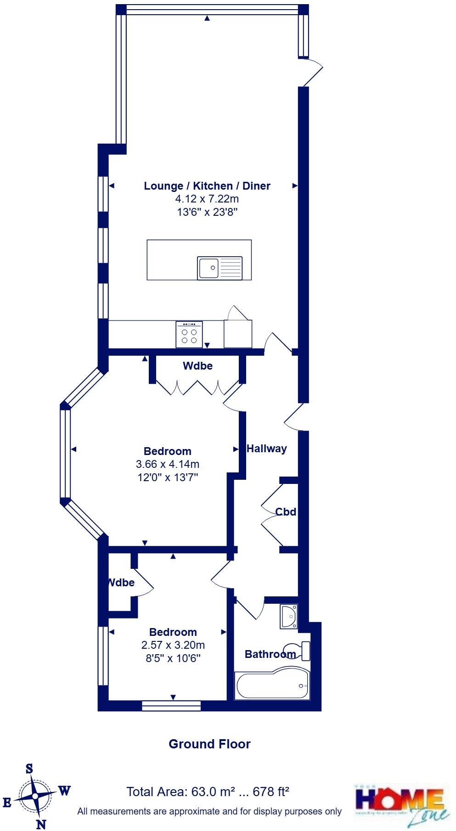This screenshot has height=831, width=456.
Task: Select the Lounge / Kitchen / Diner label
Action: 207,186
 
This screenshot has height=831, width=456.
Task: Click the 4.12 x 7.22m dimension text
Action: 207,199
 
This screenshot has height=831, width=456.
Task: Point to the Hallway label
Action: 267,449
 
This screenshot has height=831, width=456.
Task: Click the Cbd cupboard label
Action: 286,511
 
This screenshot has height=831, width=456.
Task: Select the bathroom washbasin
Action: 289,617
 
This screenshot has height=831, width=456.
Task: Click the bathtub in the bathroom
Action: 271,686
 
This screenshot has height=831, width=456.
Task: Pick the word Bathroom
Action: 270,654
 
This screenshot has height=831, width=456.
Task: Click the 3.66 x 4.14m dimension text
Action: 168,464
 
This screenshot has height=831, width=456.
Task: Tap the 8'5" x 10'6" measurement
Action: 173,658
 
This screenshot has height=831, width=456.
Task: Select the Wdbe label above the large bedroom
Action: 197,366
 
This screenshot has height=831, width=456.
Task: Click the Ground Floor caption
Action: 209,744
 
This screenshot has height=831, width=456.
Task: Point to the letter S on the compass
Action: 29,769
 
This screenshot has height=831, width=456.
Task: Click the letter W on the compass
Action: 64,791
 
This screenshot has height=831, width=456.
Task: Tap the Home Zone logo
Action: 401,803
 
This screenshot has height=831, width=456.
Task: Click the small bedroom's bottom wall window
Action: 171,706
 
